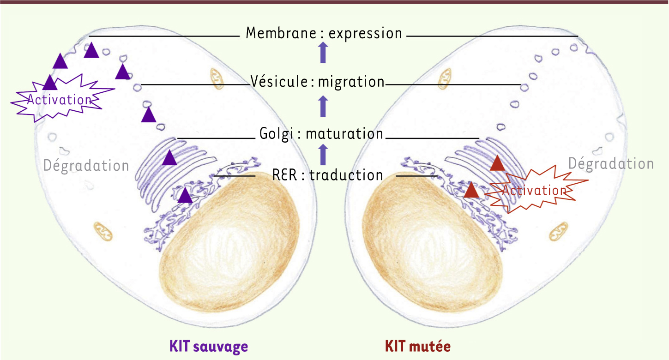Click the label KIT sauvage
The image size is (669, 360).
(209, 346)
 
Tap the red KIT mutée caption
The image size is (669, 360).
(417, 346)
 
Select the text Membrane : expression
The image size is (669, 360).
(324, 33)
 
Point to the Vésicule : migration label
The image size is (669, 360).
(318, 82)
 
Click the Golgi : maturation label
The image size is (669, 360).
(321, 134)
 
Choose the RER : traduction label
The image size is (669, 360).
(328, 175)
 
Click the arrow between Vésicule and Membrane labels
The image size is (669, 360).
(323, 53)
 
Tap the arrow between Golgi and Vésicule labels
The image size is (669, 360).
(323, 106)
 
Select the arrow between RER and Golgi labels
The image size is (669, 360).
(323, 154)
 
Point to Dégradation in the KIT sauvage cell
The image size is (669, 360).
(86, 165)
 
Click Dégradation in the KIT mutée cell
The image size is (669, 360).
(610, 164)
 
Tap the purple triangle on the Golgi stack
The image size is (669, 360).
(169, 158)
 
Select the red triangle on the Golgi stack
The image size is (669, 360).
(498, 164)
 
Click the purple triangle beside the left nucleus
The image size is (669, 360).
(185, 196)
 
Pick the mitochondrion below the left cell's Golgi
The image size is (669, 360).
(102, 231)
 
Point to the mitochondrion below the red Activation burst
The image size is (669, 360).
(560, 231)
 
